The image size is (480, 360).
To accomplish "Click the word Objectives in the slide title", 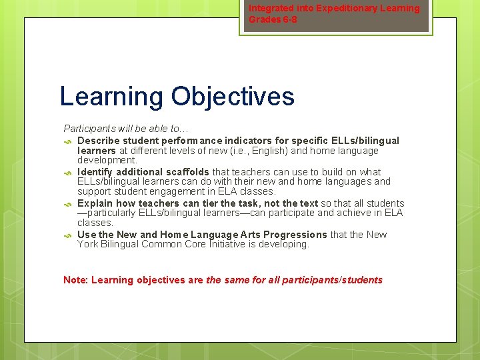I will click(x=233, y=97).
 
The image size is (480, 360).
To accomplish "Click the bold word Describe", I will click(x=98, y=141).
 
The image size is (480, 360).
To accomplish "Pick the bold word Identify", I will click(x=95, y=172).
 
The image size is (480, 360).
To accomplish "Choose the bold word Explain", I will click(x=95, y=203).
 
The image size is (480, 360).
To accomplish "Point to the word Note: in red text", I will click(x=75, y=280).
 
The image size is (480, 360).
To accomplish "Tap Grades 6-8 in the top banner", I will click(x=273, y=19).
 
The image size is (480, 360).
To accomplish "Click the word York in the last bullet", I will click(x=88, y=244).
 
